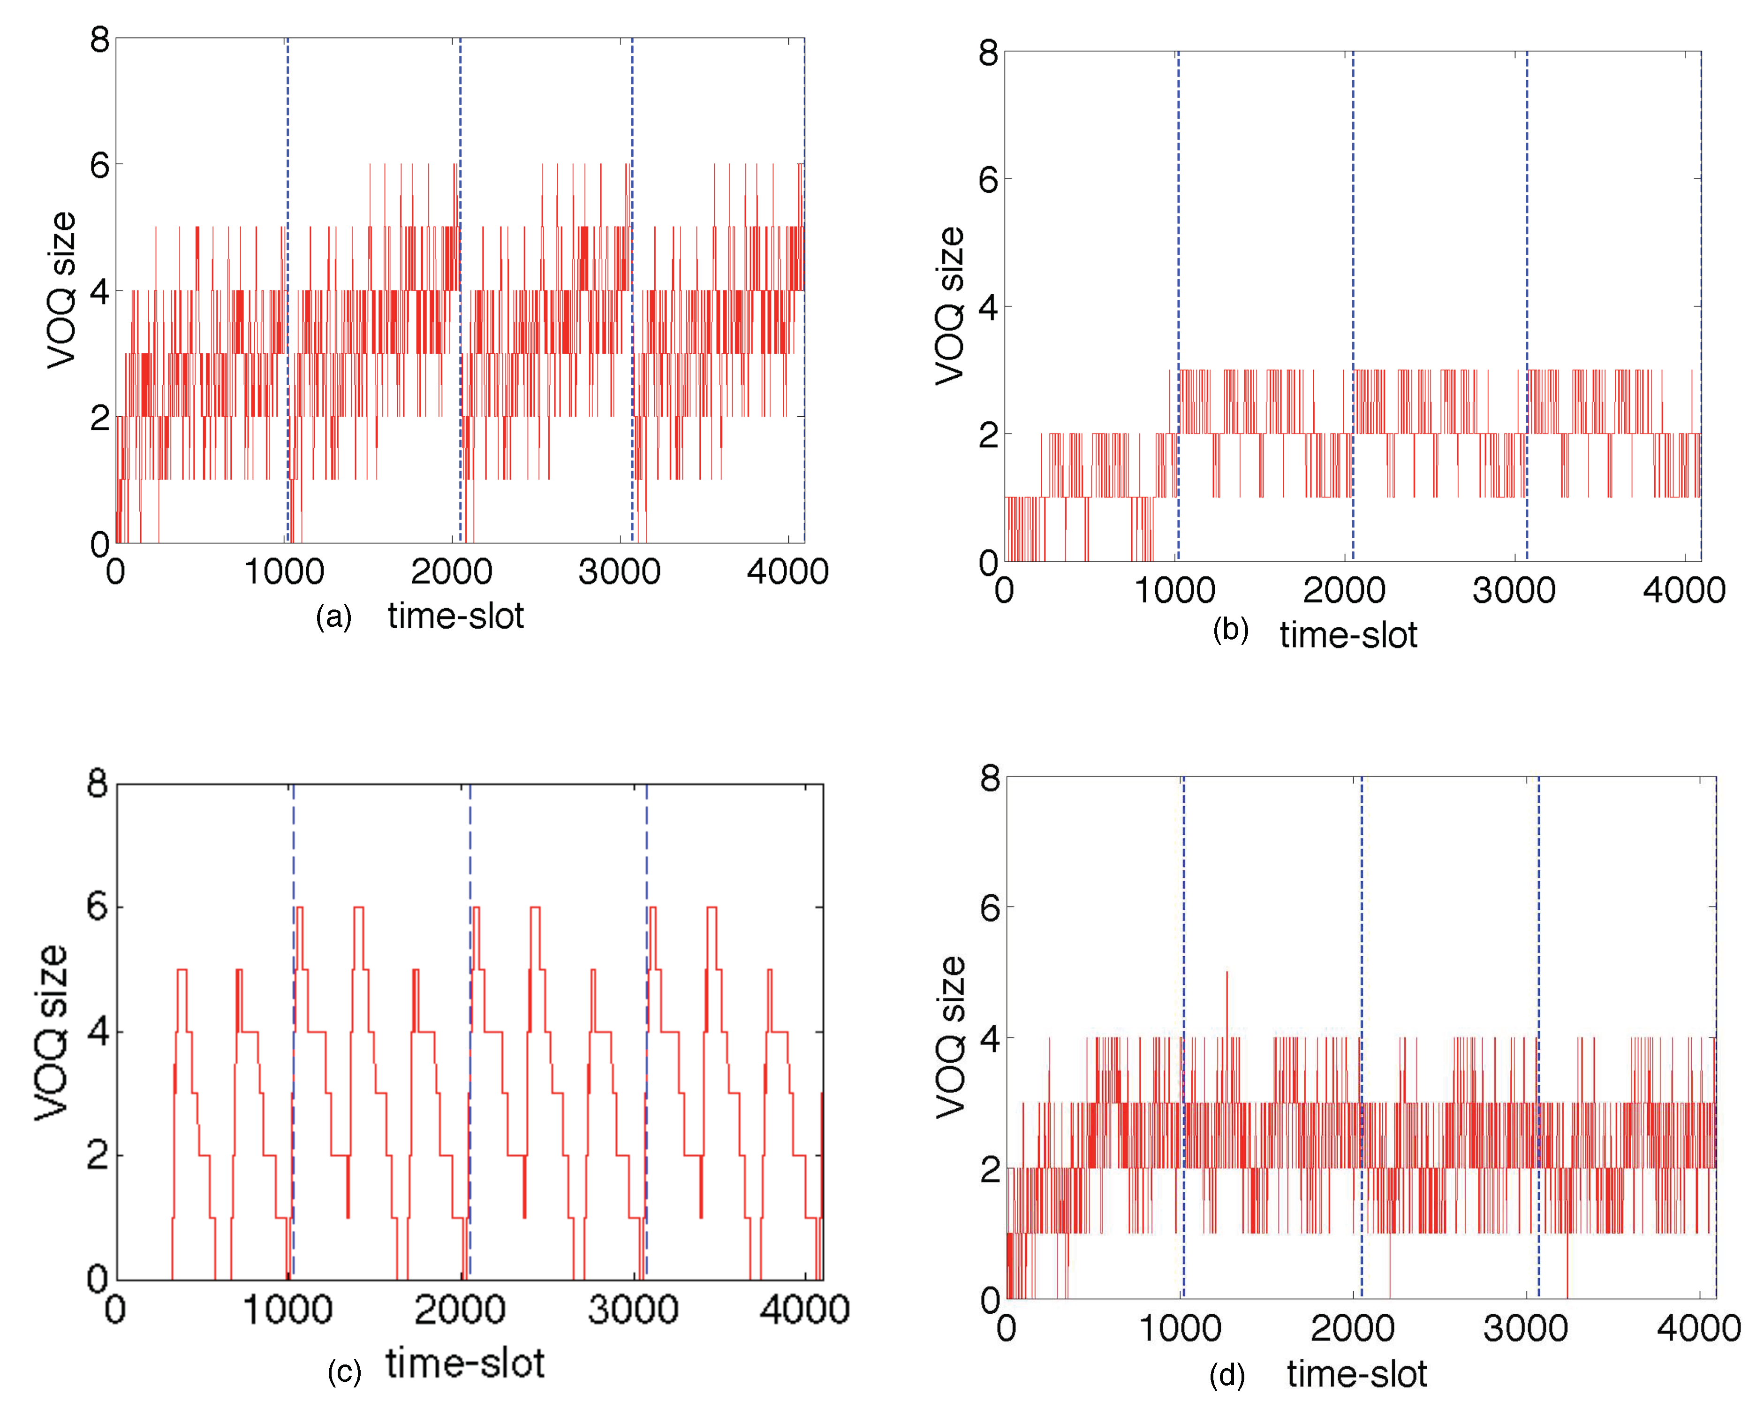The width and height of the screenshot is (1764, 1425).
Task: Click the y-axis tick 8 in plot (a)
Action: click(99, 39)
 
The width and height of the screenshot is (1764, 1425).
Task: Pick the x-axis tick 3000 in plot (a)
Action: click(620, 572)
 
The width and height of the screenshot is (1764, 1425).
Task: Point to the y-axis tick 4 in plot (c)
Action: click(98, 1032)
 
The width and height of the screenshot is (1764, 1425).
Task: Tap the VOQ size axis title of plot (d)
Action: click(951, 1037)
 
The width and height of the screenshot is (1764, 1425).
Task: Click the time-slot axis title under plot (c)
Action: click(465, 1364)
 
